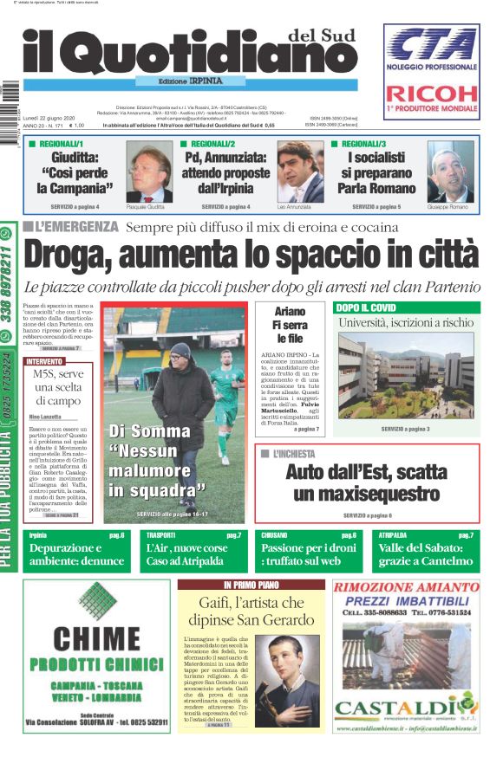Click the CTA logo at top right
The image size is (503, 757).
(x=431, y=45)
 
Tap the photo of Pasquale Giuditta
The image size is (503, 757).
(x=148, y=171)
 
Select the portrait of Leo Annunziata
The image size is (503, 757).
(x=299, y=171)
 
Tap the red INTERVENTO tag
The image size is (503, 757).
(x=44, y=360)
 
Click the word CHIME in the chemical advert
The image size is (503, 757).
(x=95, y=638)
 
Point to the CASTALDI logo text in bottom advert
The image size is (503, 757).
(x=404, y=708)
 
